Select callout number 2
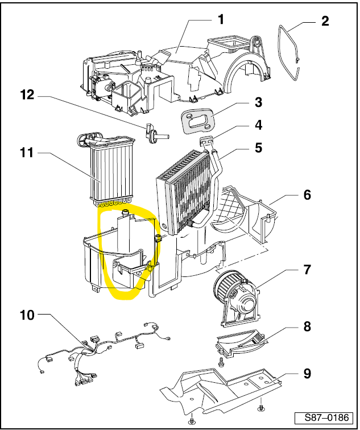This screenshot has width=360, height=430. [x=325, y=22]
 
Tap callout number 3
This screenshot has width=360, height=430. [x=258, y=102]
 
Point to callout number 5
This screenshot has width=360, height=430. [x=258, y=147]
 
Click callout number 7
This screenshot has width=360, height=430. [x=307, y=270]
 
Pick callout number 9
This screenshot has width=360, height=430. [x=307, y=374]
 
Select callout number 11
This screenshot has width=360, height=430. [x=27, y=153]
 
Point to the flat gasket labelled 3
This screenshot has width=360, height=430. [x=196, y=120]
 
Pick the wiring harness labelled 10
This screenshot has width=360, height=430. [x=102, y=347]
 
